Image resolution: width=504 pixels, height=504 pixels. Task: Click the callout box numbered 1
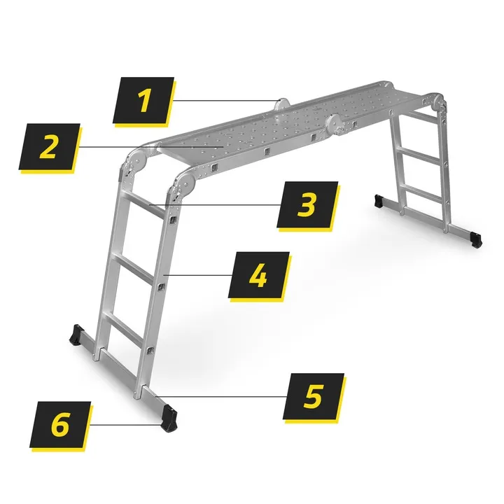[x=143, y=100]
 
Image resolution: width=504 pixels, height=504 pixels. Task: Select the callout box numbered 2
[x=50, y=146]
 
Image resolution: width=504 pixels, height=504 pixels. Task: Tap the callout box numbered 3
[x=307, y=204]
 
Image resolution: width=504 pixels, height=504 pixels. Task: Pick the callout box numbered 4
[x=259, y=275]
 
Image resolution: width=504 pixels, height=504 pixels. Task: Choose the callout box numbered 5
[x=314, y=396]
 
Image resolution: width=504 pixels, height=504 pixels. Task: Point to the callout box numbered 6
[x=60, y=424]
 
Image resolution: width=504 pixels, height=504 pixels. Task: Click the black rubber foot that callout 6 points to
[x=169, y=417]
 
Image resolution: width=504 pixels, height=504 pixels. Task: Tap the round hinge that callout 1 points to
[x=281, y=104]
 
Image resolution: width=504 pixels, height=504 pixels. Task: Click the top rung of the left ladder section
[x=146, y=206]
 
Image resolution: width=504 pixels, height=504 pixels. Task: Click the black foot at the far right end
[x=476, y=239]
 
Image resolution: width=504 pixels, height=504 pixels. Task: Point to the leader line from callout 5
[x=220, y=396]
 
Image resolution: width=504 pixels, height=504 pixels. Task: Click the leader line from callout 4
[x=197, y=275]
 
